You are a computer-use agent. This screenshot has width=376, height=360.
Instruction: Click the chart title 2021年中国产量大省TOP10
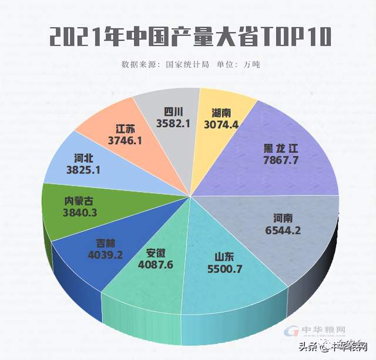coord(188,36)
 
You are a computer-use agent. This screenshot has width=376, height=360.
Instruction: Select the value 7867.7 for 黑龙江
coord(283,161)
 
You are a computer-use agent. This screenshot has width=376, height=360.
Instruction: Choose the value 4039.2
coord(106,256)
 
